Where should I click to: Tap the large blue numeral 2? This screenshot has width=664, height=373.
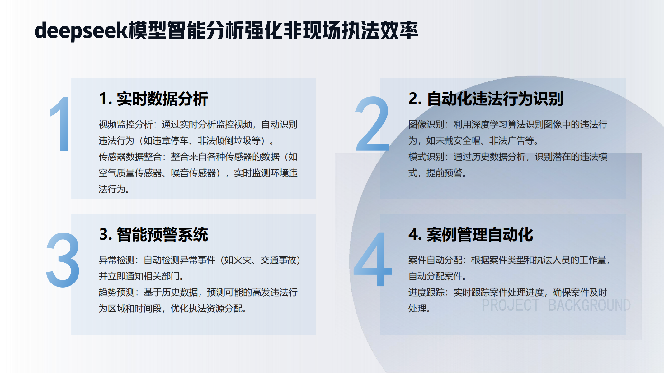(372, 124)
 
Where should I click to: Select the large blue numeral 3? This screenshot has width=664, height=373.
(63, 260)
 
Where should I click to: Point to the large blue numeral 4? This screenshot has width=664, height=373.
(372, 259)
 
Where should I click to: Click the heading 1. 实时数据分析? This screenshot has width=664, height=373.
(153, 99)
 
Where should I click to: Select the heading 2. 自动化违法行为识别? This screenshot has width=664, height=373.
(486, 99)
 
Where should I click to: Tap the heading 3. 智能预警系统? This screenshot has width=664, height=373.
(153, 234)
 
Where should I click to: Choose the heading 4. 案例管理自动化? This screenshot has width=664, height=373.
(471, 234)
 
